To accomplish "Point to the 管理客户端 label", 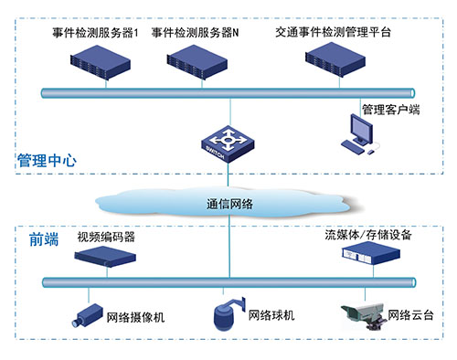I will (390, 110).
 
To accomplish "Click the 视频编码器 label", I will (106, 237).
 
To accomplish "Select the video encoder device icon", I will (105, 258).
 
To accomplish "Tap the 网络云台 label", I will (411, 316).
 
